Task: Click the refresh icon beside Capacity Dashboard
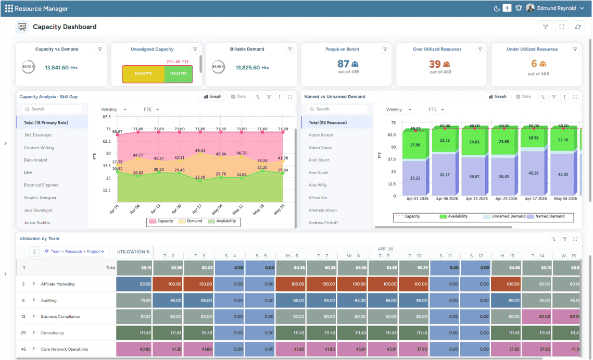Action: (577, 27)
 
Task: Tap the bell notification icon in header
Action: (519, 8)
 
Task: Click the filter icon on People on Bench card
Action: (385, 49)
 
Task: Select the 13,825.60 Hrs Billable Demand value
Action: (252, 68)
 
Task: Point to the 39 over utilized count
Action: (435, 64)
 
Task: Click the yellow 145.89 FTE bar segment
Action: (143, 74)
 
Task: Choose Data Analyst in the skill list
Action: (35, 160)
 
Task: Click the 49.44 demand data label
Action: (200, 151)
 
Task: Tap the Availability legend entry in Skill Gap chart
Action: (223, 221)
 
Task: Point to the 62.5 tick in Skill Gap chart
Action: (106, 141)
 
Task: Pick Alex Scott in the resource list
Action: (318, 172)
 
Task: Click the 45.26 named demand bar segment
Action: (534, 173)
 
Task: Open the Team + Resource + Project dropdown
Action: (75, 252)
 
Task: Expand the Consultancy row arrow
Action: (34, 333)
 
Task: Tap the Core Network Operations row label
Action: (64, 349)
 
